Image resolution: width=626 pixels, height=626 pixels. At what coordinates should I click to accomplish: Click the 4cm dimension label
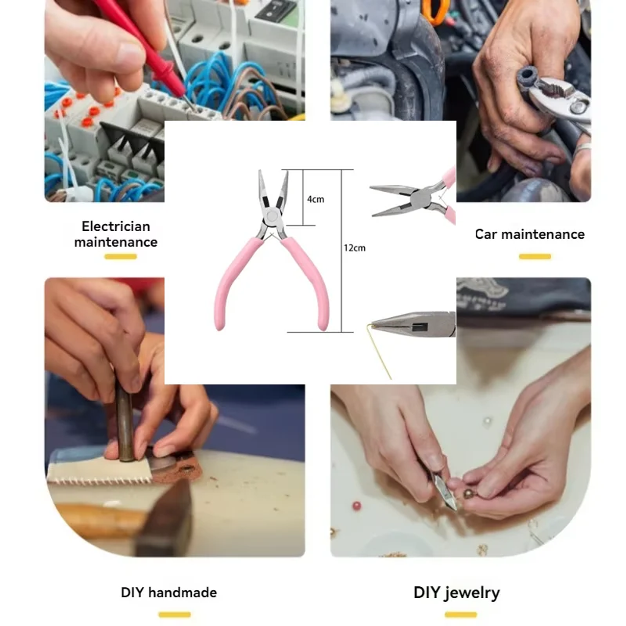coord(316,199)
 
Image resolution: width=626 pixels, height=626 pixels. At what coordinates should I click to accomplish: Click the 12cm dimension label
coord(355,248)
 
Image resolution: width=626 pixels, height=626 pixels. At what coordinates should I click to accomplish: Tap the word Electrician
coord(116,226)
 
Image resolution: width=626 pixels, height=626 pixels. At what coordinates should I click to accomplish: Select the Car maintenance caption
coord(529,234)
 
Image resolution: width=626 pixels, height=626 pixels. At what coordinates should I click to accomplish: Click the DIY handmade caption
coord(169,593)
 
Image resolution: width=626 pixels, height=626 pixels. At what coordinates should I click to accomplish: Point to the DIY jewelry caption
coord(456,593)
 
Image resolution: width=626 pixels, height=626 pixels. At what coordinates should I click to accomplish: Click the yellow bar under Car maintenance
coord(535,256)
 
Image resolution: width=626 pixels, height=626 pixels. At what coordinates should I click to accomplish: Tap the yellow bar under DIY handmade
coord(174,614)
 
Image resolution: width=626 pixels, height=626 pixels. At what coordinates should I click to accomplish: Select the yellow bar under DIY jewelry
coord(460,614)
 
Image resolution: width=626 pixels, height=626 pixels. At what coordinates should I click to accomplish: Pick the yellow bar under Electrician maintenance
coord(120,256)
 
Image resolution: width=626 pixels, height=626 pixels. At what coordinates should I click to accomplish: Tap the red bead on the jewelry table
coord(356,506)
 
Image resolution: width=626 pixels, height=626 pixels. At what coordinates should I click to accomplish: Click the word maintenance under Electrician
coord(116,242)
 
